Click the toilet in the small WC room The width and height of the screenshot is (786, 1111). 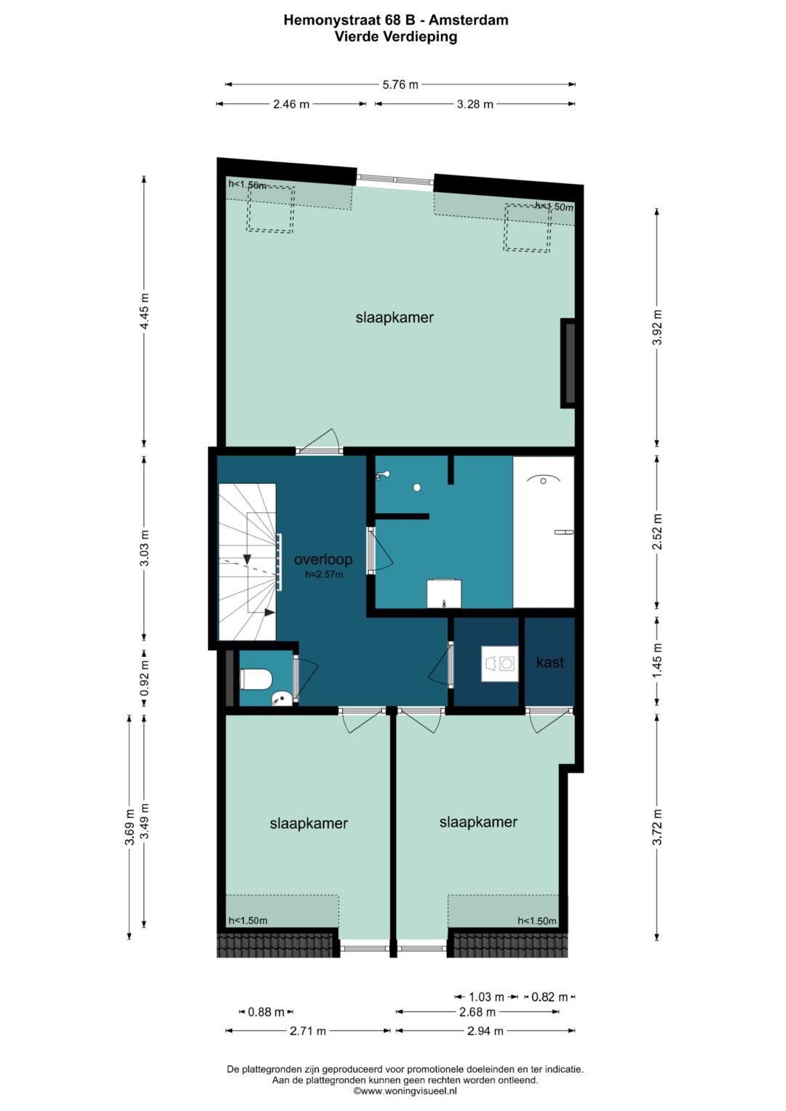click(255, 679)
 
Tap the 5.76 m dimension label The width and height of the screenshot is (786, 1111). click(400, 85)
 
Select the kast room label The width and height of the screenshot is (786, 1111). click(549, 662)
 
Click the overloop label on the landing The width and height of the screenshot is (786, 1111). click(323, 560)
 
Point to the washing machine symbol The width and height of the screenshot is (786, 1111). click(500, 664)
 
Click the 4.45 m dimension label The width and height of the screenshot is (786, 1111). click(144, 311)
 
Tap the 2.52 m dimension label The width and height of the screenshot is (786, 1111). click(657, 532)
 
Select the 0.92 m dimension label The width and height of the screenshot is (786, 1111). click(144, 678)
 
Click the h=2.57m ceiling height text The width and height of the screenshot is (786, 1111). click(324, 575)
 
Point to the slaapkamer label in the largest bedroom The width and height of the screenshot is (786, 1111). click(394, 317)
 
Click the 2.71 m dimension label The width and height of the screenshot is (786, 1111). click(308, 1031)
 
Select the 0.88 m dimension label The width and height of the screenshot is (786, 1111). click(266, 1012)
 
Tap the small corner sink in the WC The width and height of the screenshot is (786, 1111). click(282, 699)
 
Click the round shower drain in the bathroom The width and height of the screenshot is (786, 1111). click(417, 487)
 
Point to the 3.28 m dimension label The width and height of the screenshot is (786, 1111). click(475, 104)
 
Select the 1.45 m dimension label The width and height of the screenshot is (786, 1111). click(657, 661)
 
